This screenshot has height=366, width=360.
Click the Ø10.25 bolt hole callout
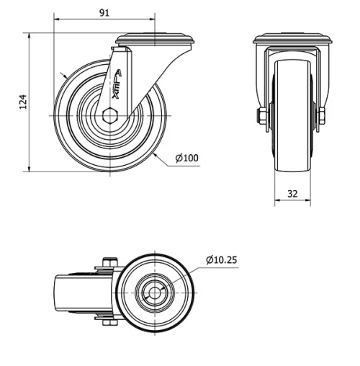[x=222, y=259]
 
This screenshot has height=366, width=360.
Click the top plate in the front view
[x=292, y=39]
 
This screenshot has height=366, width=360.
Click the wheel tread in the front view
[x=292, y=144]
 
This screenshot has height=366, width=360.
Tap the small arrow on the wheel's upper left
[x=63, y=74]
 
